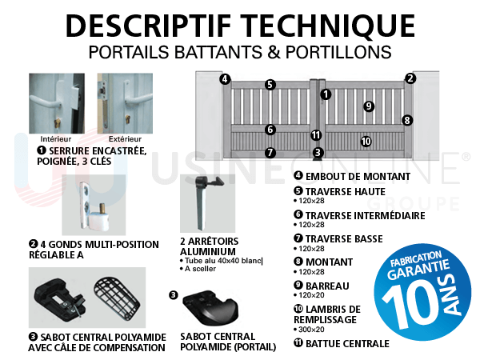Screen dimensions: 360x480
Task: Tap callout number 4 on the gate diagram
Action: pyautogui.click(x=226, y=79)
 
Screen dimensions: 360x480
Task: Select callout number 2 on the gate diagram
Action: pyautogui.click(x=410, y=78)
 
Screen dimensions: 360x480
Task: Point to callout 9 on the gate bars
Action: pyautogui.click(x=369, y=106)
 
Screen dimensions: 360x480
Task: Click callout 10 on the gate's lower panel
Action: pyautogui.click(x=366, y=142)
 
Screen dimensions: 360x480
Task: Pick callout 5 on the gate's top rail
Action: pyautogui.click(x=270, y=85)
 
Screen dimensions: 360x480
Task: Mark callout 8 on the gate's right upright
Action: pyautogui.click(x=407, y=121)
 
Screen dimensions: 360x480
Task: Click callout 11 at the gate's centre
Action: pyautogui.click(x=317, y=135)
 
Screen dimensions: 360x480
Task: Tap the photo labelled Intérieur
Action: pyautogui.click(x=56, y=103)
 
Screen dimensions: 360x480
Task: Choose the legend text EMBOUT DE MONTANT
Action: pyautogui.click(x=356, y=176)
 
